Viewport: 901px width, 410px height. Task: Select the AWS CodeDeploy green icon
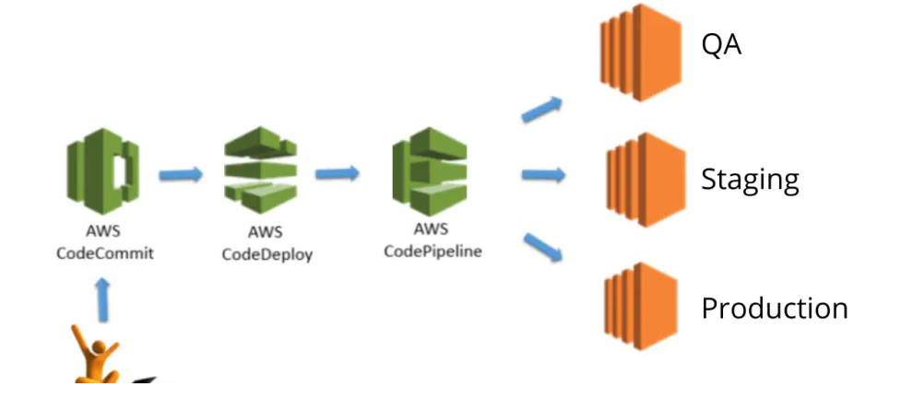[x=261, y=171]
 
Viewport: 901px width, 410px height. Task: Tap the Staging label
[x=749, y=179]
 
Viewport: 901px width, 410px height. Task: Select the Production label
[x=774, y=308]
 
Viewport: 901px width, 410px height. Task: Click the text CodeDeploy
[x=267, y=255]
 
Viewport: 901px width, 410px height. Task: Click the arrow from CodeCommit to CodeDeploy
[x=181, y=173]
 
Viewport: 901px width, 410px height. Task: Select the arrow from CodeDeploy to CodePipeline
[x=338, y=172]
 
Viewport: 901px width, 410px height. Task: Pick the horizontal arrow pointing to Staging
[x=543, y=174]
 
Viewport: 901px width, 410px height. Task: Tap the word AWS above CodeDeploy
[x=265, y=233]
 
